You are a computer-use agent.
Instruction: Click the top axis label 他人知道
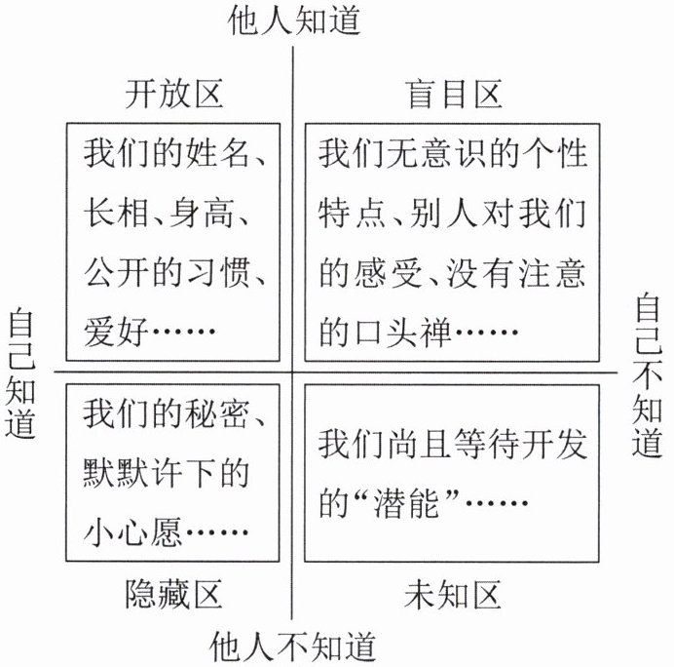(x=294, y=20)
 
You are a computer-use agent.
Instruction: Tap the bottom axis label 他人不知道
(x=293, y=647)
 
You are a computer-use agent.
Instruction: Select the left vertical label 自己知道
(x=20, y=373)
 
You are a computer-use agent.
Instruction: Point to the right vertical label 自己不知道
(x=648, y=374)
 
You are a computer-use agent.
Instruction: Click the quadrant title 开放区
(x=174, y=94)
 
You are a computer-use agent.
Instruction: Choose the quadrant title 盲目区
(x=454, y=94)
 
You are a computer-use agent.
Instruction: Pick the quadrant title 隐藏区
(x=174, y=594)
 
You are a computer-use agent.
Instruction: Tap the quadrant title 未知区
(x=453, y=594)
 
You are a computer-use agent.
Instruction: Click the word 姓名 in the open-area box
(x=217, y=153)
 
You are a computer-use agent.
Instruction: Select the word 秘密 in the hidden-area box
(x=217, y=414)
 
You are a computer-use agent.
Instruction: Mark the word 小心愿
(x=132, y=531)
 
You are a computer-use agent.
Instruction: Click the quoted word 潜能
(x=406, y=502)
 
